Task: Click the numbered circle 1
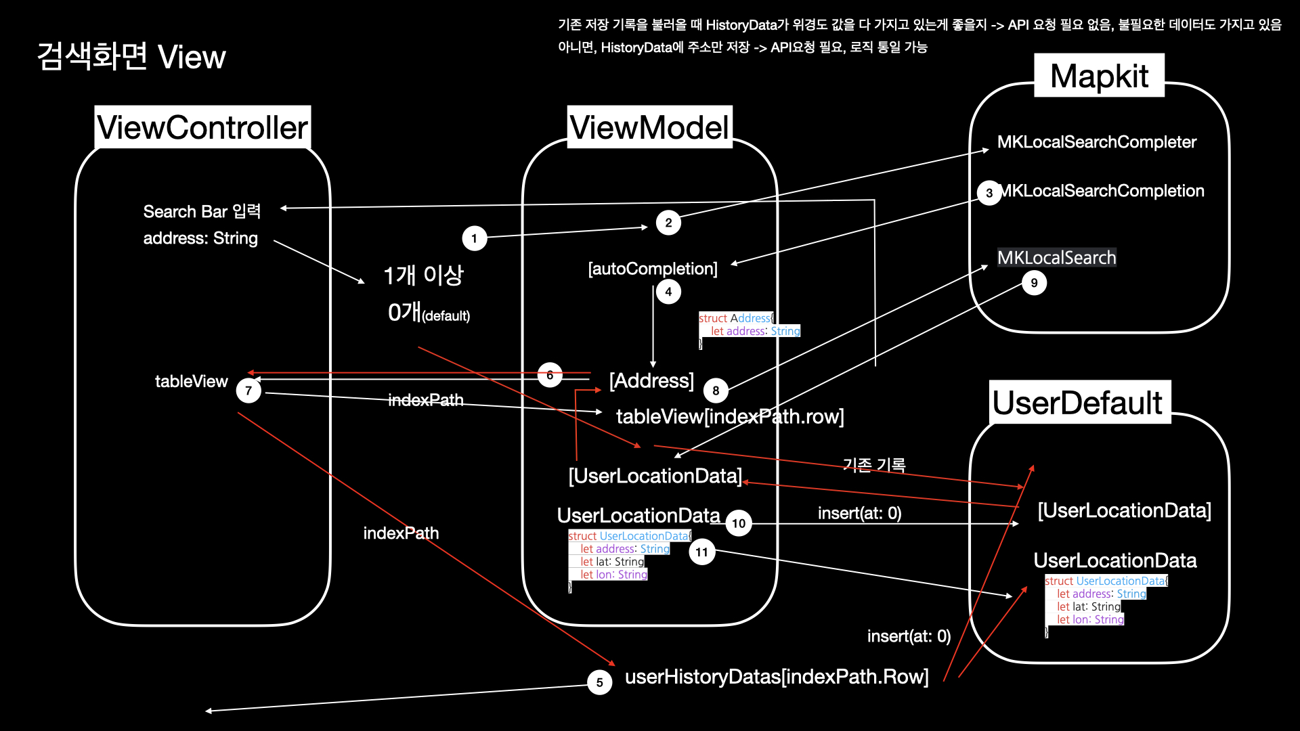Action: pyautogui.click(x=474, y=238)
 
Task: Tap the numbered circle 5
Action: pyautogui.click(x=599, y=682)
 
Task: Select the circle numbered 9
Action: pyautogui.click(x=1034, y=283)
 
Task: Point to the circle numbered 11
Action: pyautogui.click(x=701, y=552)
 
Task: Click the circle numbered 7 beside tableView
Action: pyautogui.click(x=248, y=391)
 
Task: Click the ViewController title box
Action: pyautogui.click(x=202, y=127)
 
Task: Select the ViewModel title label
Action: pyautogui.click(x=649, y=127)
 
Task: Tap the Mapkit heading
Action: pyautogui.click(x=1099, y=76)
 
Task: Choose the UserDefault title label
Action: pyautogui.click(x=1079, y=403)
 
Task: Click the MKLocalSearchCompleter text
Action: pyautogui.click(x=1097, y=142)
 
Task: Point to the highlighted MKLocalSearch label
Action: pyautogui.click(x=1056, y=258)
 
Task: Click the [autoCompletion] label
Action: pyautogui.click(x=653, y=269)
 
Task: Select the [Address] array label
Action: pyautogui.click(x=651, y=380)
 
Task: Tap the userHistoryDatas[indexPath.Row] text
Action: pyautogui.click(x=777, y=676)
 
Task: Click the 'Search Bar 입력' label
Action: pyautogui.click(x=202, y=211)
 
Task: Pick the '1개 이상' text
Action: pyautogui.click(x=423, y=275)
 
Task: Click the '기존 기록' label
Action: pyautogui.click(x=874, y=465)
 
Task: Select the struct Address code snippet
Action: pyautogui.click(x=749, y=331)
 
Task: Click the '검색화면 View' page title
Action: pyautogui.click(x=131, y=57)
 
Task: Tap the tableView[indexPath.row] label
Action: pyautogui.click(x=730, y=416)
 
